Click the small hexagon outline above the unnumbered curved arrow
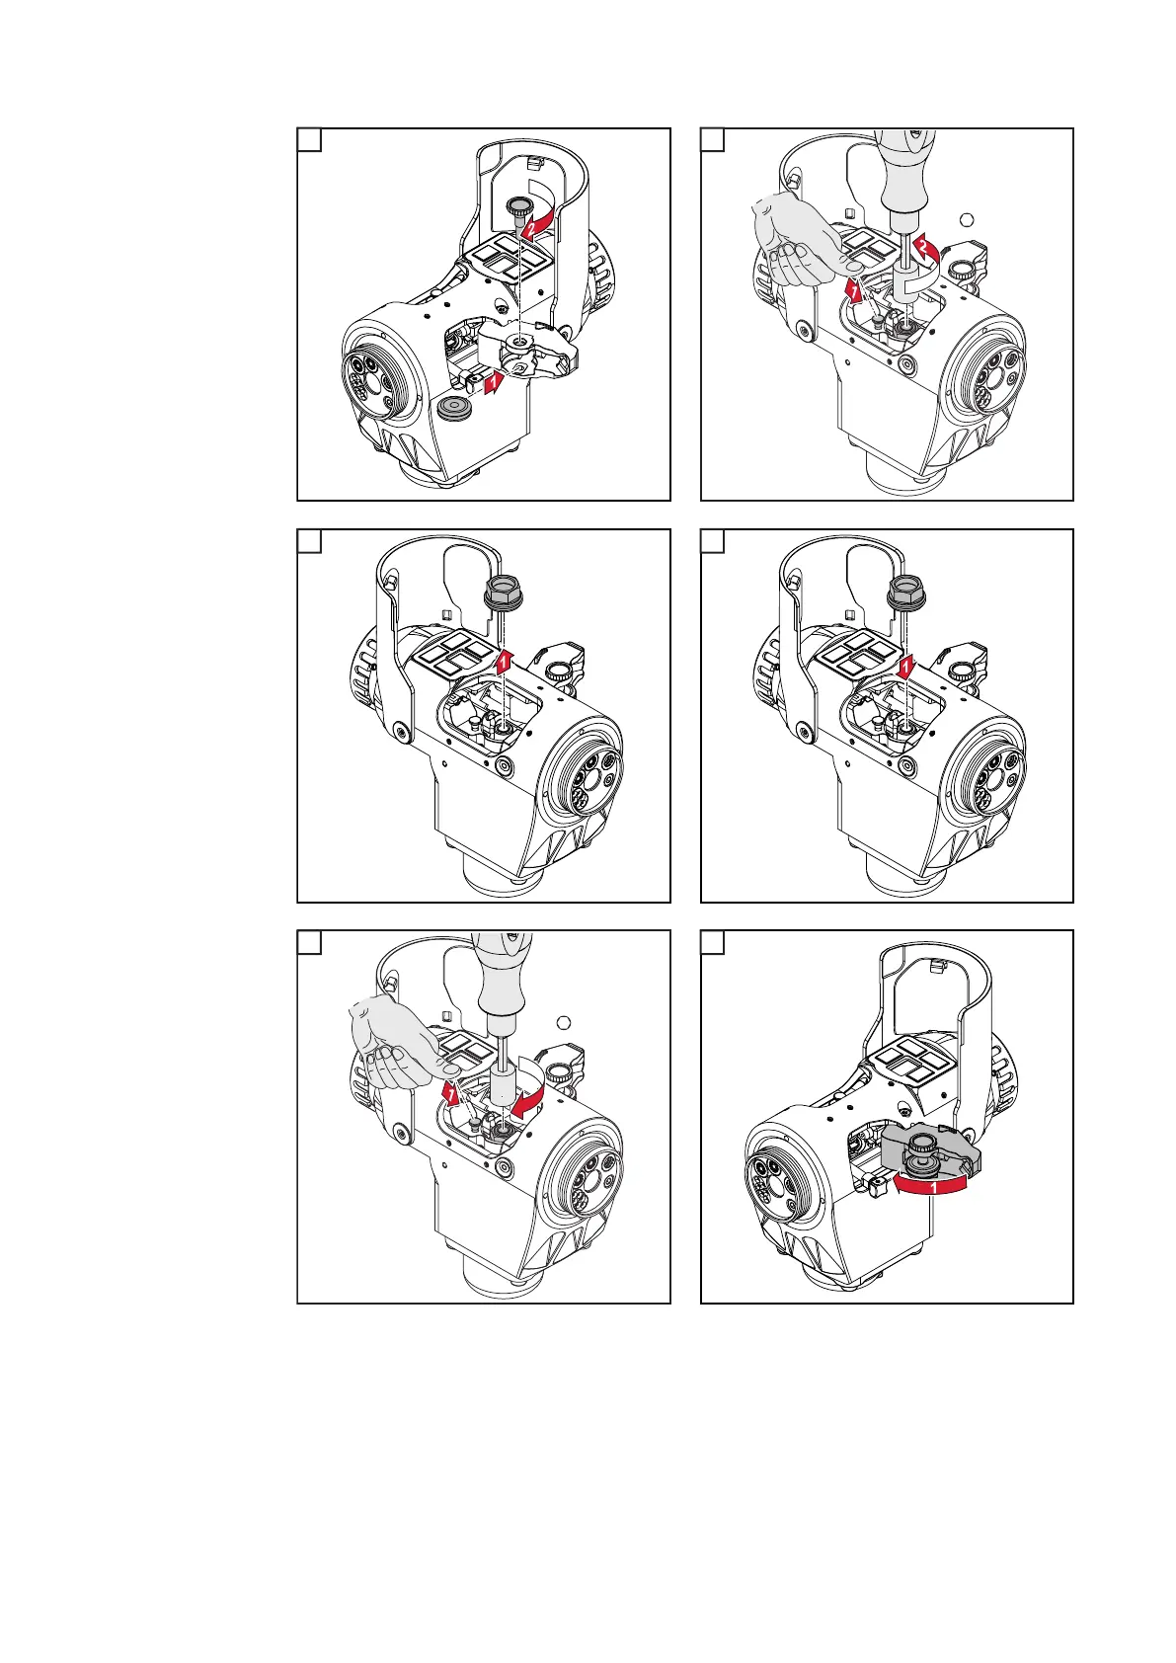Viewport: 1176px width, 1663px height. [x=564, y=1023]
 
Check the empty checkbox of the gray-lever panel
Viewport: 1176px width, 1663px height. [x=712, y=943]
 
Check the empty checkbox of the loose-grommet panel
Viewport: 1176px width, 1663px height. [x=309, y=140]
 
